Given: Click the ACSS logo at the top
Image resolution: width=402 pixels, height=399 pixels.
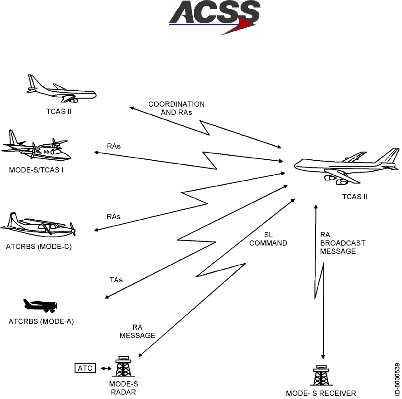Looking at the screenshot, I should click(x=214, y=17).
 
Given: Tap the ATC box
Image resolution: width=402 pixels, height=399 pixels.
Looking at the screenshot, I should click(x=85, y=368).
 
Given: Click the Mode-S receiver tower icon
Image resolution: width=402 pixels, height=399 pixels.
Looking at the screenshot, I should click(x=321, y=375).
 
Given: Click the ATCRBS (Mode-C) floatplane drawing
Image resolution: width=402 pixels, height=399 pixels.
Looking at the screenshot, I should click(x=38, y=226).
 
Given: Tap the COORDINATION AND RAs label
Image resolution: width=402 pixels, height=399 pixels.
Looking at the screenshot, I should click(x=176, y=108).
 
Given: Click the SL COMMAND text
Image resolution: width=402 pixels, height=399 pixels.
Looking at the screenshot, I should click(x=268, y=239).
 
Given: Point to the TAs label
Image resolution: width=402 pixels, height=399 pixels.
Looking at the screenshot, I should click(x=116, y=280).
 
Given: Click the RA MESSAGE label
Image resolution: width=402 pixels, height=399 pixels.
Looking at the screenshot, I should click(x=137, y=331).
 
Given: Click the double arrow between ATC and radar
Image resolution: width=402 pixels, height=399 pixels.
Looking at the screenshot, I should click(x=106, y=369).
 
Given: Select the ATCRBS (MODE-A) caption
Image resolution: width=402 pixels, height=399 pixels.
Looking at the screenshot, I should click(x=41, y=322).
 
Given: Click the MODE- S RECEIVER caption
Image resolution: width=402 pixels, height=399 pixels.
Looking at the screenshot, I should click(x=321, y=393).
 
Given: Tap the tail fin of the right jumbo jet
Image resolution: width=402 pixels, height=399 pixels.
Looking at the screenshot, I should click(x=389, y=156).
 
